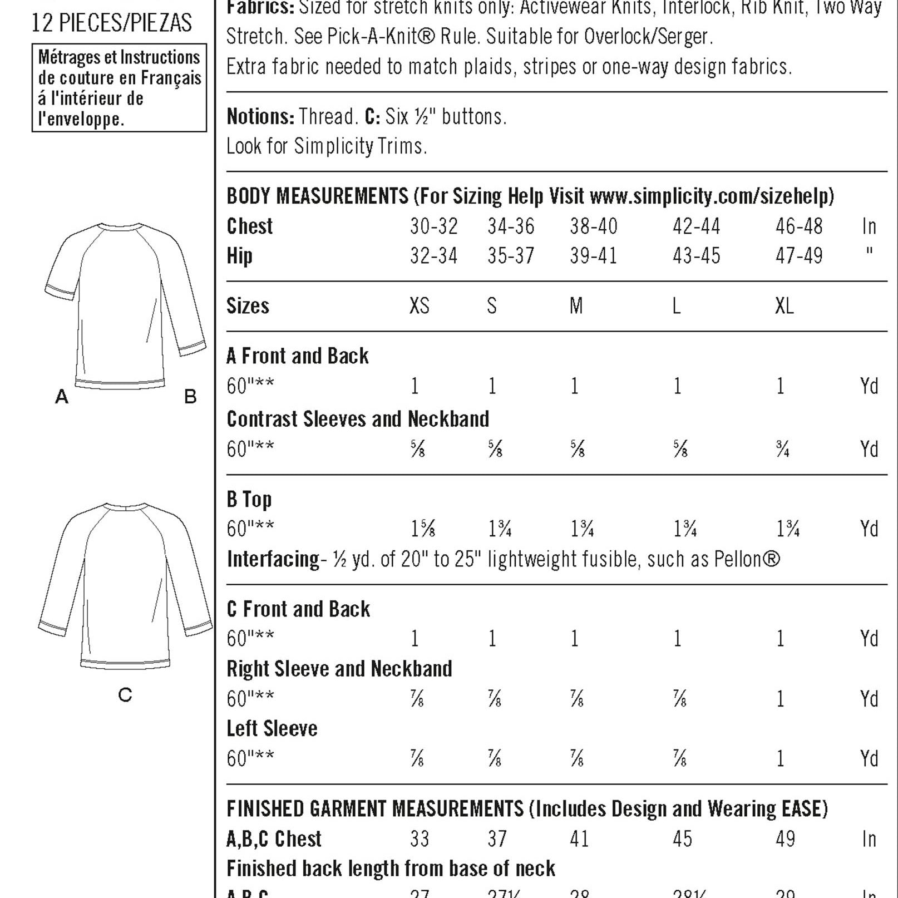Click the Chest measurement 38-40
593,226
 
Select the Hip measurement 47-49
798,256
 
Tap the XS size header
419,306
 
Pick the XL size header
784,306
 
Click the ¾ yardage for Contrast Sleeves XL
782,449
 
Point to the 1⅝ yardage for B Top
422,529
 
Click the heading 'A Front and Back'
297,356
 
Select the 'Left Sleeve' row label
272,728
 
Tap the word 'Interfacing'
273,559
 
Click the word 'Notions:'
260,117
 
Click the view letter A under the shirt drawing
61,397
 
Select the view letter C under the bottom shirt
125,695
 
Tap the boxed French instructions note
119,88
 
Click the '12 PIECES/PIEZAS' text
111,23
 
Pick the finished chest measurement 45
682,839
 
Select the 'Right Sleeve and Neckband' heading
339,669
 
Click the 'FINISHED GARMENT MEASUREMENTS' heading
375,809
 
